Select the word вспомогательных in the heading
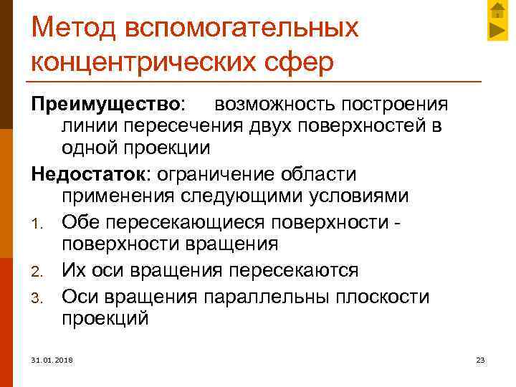pos(242,28)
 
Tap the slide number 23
pos(480,359)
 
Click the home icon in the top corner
pos(497,10)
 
